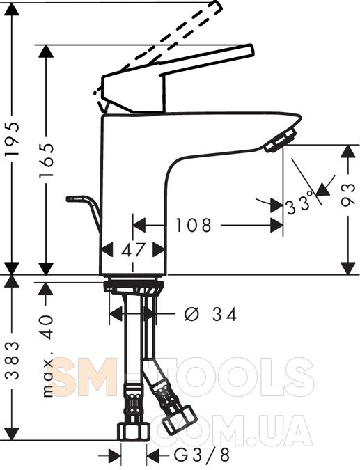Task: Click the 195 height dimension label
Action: [x=12, y=139]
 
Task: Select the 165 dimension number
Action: [x=47, y=159]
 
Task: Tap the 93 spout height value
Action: [x=347, y=195]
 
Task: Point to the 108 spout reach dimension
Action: [x=194, y=225]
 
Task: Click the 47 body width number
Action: [x=133, y=250]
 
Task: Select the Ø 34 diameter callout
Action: [x=210, y=315]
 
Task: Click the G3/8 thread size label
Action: [x=202, y=455]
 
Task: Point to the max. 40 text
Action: [x=47, y=356]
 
